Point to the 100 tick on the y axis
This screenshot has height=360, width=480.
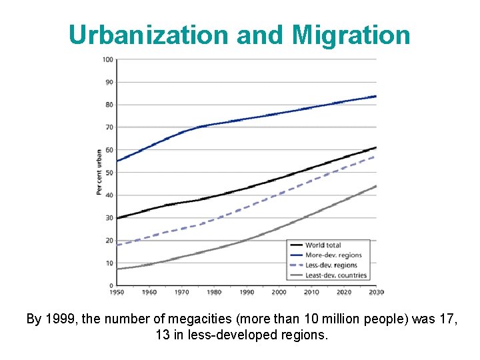tap(107, 59)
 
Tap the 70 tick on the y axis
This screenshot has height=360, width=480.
tap(108, 127)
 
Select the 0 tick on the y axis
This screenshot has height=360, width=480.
tap(110, 286)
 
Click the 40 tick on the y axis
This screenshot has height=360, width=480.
tap(108, 195)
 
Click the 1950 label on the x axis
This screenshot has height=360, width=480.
tap(117, 293)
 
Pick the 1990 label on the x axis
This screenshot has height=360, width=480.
tap(246, 293)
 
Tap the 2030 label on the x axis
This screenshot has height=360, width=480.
tap(377, 293)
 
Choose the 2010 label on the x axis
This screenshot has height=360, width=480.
tap(311, 293)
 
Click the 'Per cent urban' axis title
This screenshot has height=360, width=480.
tap(99, 172)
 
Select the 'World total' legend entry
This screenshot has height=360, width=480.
tap(323, 246)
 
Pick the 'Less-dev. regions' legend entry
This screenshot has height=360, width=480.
tap(331, 265)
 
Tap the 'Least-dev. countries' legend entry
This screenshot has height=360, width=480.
tap(335, 275)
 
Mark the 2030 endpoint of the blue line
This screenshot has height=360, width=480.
tap(376, 96)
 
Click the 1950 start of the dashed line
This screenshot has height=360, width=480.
tap(117, 245)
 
